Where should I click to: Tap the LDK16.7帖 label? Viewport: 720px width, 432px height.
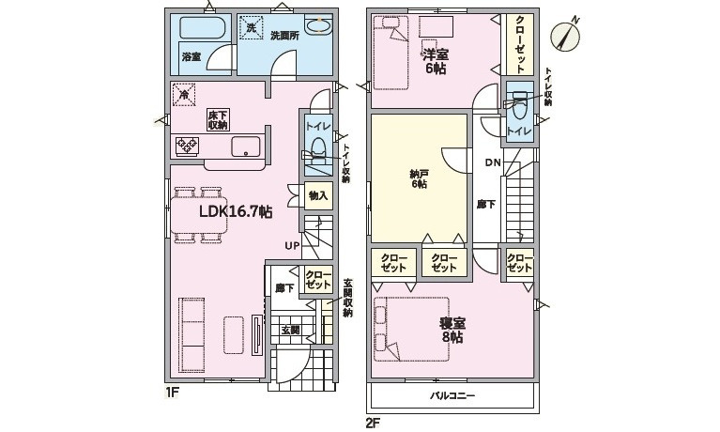tap(236, 211)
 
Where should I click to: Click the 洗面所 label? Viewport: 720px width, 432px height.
tap(284, 36)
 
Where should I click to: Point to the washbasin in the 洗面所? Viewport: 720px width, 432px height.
tap(317, 25)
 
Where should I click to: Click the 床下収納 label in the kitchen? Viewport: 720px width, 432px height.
tap(218, 120)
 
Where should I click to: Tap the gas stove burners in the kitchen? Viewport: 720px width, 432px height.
tap(187, 147)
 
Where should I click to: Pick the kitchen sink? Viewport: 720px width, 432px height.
tap(246, 147)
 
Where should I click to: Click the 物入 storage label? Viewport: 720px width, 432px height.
tap(318, 196)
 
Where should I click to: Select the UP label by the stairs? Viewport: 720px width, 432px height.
tap(292, 246)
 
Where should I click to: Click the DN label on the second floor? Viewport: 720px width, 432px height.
tap(493, 162)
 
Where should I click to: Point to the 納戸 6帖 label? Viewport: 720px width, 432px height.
tap(419, 178)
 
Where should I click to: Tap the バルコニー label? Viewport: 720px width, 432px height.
tap(452, 395)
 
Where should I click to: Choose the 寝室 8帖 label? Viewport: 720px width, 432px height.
tap(452, 331)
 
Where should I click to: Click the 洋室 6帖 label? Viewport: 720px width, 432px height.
tap(436, 61)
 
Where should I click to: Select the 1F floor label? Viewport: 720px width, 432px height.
tap(172, 393)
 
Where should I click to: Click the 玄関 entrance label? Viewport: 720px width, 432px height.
tap(290, 330)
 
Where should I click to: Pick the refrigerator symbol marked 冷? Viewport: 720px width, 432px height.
tap(184, 95)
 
